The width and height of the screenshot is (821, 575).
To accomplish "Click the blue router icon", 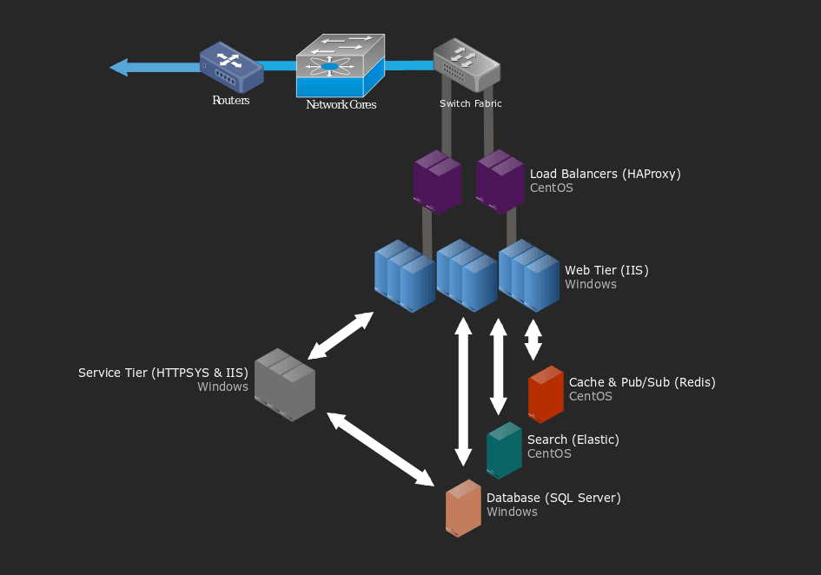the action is point(231,68).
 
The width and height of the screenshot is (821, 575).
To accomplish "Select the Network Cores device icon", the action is point(341,65).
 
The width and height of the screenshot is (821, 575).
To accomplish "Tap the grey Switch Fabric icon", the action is point(467,64).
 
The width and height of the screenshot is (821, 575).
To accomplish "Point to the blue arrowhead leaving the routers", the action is point(119,68).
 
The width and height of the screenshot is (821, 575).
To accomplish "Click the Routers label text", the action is point(231,100).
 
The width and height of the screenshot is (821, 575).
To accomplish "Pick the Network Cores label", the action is point(341,104).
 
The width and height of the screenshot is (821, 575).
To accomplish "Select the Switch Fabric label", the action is point(471,103).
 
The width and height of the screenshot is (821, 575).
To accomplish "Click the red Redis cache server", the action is point(546,393).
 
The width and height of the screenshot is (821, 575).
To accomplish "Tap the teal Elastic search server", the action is point(504,451).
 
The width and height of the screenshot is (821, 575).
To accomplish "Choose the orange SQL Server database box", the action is point(463,508).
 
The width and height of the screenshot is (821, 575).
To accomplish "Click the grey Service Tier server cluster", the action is point(285,385).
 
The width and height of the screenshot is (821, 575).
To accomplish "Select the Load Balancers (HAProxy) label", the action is point(606,174).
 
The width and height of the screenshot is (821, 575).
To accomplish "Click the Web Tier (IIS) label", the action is point(607,270).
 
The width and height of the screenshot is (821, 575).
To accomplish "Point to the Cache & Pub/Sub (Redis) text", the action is point(642,382).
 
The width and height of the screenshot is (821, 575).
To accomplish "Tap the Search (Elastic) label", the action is point(573,440).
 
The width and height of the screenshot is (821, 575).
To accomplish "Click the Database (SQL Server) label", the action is point(554,498).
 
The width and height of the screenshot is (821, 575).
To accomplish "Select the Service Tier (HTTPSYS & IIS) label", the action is point(163,373).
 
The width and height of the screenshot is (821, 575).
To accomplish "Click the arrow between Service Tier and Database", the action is point(381,449).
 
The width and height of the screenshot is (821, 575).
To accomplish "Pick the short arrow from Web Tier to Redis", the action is point(533,340).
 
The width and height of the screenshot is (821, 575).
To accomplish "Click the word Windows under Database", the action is point(512,512).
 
